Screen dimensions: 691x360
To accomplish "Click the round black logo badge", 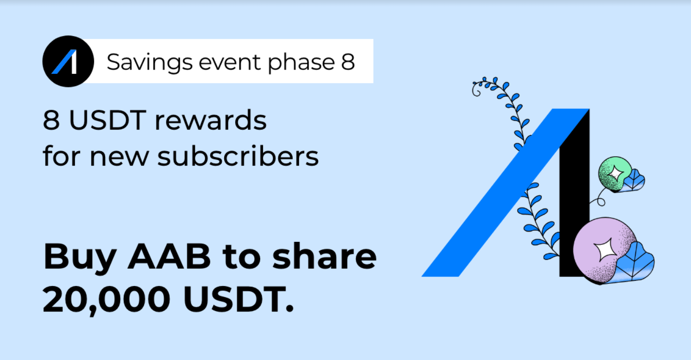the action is point(68,61).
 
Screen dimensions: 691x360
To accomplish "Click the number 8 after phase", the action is point(348,62).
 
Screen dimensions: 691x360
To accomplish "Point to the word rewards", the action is point(210,120).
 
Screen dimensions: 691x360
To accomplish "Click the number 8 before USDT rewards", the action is point(51,120).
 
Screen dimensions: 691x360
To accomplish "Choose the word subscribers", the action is point(238,156).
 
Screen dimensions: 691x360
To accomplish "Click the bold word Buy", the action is point(80,259).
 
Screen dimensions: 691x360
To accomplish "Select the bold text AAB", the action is point(169,257).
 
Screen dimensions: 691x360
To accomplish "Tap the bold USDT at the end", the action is point(238,299).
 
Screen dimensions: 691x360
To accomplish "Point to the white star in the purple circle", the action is point(605,250).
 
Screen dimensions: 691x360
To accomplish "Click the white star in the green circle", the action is point(615,173).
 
